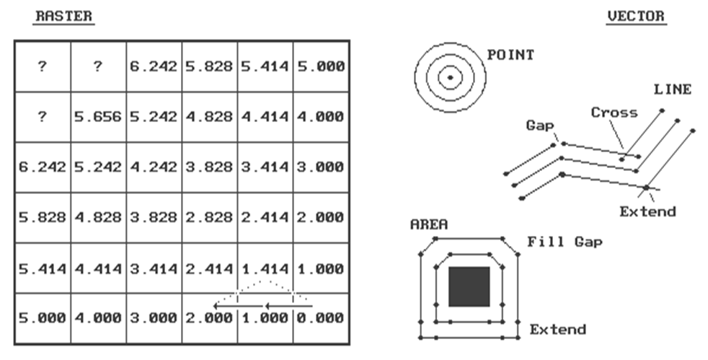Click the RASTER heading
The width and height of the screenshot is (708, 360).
pos(63,17)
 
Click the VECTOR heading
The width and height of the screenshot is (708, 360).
pos(636,17)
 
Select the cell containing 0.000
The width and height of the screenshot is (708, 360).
pos(319,317)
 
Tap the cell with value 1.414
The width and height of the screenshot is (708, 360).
pos(265,268)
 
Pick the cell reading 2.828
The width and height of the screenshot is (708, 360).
pos(209,217)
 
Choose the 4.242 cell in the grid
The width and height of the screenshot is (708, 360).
pos(154,167)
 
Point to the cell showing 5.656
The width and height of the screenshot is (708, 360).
pos(98,117)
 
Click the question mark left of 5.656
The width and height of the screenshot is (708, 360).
pos(42,117)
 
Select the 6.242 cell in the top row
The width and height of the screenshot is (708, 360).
pos(154,66)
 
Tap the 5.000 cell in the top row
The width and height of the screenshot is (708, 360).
pos(319,66)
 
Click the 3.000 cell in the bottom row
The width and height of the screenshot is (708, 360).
pos(154,317)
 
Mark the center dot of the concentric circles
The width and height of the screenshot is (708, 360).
pos(450,77)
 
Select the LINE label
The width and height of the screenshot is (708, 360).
pos(672,90)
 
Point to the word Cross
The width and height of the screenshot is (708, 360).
pos(614,113)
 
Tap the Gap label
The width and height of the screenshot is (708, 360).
pos(540,126)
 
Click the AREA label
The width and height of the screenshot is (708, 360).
pos(429,224)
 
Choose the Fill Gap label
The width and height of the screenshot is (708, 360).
pos(565,242)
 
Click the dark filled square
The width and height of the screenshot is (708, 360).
pos(469,286)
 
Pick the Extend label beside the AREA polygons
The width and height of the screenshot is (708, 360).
pos(558,330)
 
